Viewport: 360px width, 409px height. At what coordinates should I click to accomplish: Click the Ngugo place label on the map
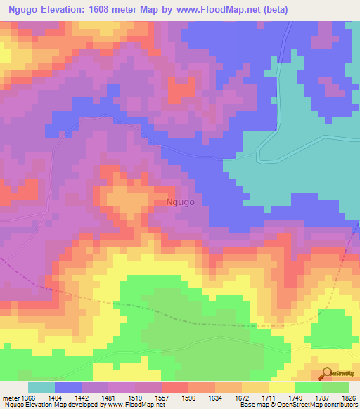point(180,202)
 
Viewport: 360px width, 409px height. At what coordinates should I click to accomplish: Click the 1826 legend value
point(348,396)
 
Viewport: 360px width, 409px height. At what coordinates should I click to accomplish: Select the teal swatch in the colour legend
point(41,387)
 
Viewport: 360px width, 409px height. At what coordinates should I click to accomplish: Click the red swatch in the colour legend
point(175,387)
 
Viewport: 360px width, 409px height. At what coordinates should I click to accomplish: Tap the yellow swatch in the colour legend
point(282,387)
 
